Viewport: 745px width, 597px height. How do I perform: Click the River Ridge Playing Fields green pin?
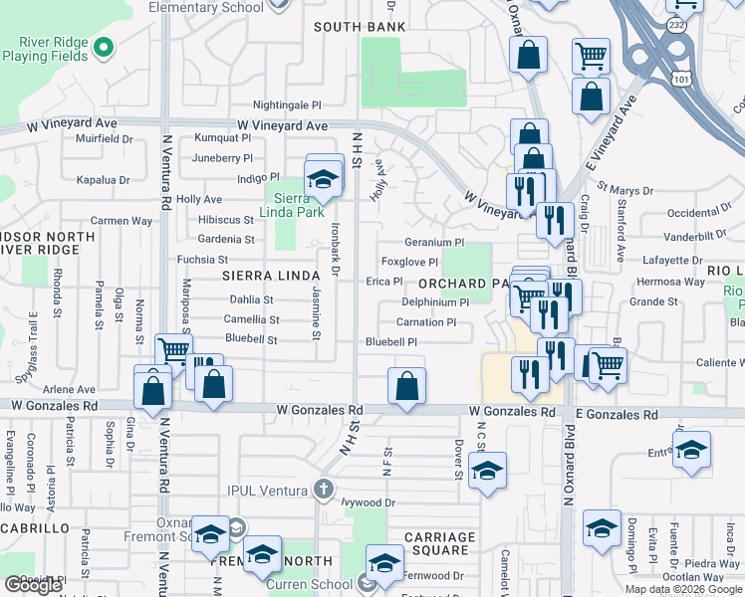coord(102,47)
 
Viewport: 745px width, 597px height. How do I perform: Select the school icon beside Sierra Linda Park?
coord(323,180)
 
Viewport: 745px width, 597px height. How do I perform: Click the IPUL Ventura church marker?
coord(322,489)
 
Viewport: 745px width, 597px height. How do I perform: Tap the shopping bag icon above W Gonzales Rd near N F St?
coord(406,387)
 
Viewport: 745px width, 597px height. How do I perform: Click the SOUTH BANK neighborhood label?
coord(360,27)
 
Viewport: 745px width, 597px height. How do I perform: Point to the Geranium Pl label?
coord(434,242)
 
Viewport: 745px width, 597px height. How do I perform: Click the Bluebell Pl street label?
coord(390,341)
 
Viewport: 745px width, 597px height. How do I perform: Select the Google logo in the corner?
coord(33,585)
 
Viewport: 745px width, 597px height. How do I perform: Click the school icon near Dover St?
coord(487,472)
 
